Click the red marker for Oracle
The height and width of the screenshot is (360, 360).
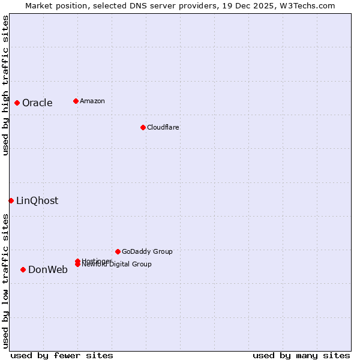click(17, 103)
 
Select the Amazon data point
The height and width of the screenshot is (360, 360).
click(76, 101)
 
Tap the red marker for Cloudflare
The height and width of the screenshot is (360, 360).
click(143, 127)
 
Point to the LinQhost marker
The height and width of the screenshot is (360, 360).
click(11, 200)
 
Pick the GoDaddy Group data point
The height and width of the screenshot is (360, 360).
click(118, 251)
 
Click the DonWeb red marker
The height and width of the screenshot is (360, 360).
click(23, 269)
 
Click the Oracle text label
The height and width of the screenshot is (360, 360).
click(37, 103)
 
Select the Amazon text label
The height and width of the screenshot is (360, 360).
click(92, 101)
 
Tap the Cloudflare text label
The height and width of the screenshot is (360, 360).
click(163, 127)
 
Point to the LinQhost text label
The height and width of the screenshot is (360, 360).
click(37, 200)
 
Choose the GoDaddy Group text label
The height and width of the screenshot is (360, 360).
click(147, 251)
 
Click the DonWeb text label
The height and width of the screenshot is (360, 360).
click(48, 269)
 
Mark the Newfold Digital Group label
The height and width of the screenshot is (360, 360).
click(116, 265)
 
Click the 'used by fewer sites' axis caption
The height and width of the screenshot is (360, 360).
click(62, 355)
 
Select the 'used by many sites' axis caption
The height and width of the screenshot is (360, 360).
click(301, 355)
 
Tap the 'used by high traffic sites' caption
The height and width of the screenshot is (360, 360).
click(5, 85)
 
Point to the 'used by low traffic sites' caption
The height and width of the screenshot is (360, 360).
click(5, 281)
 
